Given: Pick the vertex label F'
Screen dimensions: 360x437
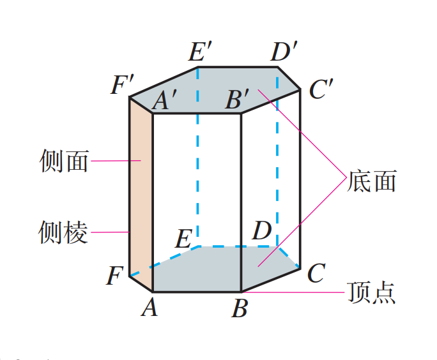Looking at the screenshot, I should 122,85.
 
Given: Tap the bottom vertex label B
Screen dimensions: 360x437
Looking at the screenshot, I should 240,310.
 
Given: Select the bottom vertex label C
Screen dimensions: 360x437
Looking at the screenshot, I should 315,274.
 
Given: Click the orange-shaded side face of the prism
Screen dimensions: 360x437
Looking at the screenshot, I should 141,191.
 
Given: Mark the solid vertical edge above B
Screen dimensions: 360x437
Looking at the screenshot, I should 241,191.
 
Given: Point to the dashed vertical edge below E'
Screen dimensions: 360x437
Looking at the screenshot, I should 197,160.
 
